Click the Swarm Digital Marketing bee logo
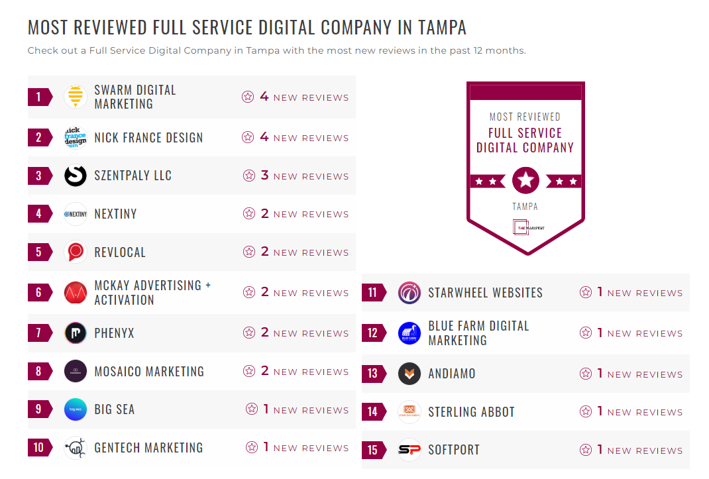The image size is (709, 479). (x=76, y=97)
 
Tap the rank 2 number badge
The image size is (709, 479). (x=39, y=138)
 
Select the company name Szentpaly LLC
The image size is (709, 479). (x=133, y=176)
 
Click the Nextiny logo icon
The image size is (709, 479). (x=76, y=214)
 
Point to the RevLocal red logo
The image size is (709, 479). (x=76, y=252)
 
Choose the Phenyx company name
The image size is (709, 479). (x=114, y=333)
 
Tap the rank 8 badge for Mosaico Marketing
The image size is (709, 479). (x=39, y=371)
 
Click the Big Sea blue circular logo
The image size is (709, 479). (x=76, y=409)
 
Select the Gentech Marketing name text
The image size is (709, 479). (x=148, y=448)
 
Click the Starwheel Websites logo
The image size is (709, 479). (x=409, y=293)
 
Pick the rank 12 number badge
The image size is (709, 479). (x=373, y=333)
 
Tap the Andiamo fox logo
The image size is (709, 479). (x=409, y=374)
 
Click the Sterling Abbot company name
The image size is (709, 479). (x=471, y=412)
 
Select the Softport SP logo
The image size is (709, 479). (x=409, y=451)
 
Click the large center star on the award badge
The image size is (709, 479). (x=525, y=180)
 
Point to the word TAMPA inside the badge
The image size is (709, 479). (x=525, y=207)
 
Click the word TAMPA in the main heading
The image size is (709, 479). (x=442, y=28)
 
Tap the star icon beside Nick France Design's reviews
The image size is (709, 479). (x=248, y=138)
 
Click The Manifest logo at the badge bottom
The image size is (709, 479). (x=525, y=227)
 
